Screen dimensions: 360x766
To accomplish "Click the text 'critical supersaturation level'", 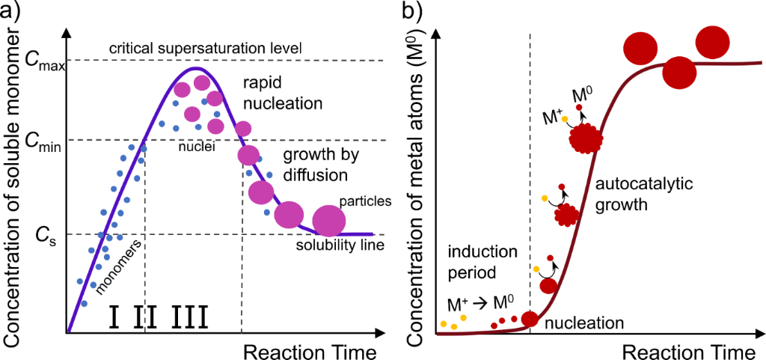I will pyautogui.click(x=205, y=49).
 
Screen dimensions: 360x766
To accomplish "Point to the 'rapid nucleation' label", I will pyautogui.click(x=277, y=91).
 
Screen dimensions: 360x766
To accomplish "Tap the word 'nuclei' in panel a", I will pyautogui.click(x=197, y=147).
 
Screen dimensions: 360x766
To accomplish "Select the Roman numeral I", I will pyautogui.click(x=114, y=317).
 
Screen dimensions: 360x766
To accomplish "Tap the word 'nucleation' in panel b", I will pyautogui.click(x=583, y=323).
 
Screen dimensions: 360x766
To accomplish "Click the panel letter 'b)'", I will pyautogui.click(x=413, y=12).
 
